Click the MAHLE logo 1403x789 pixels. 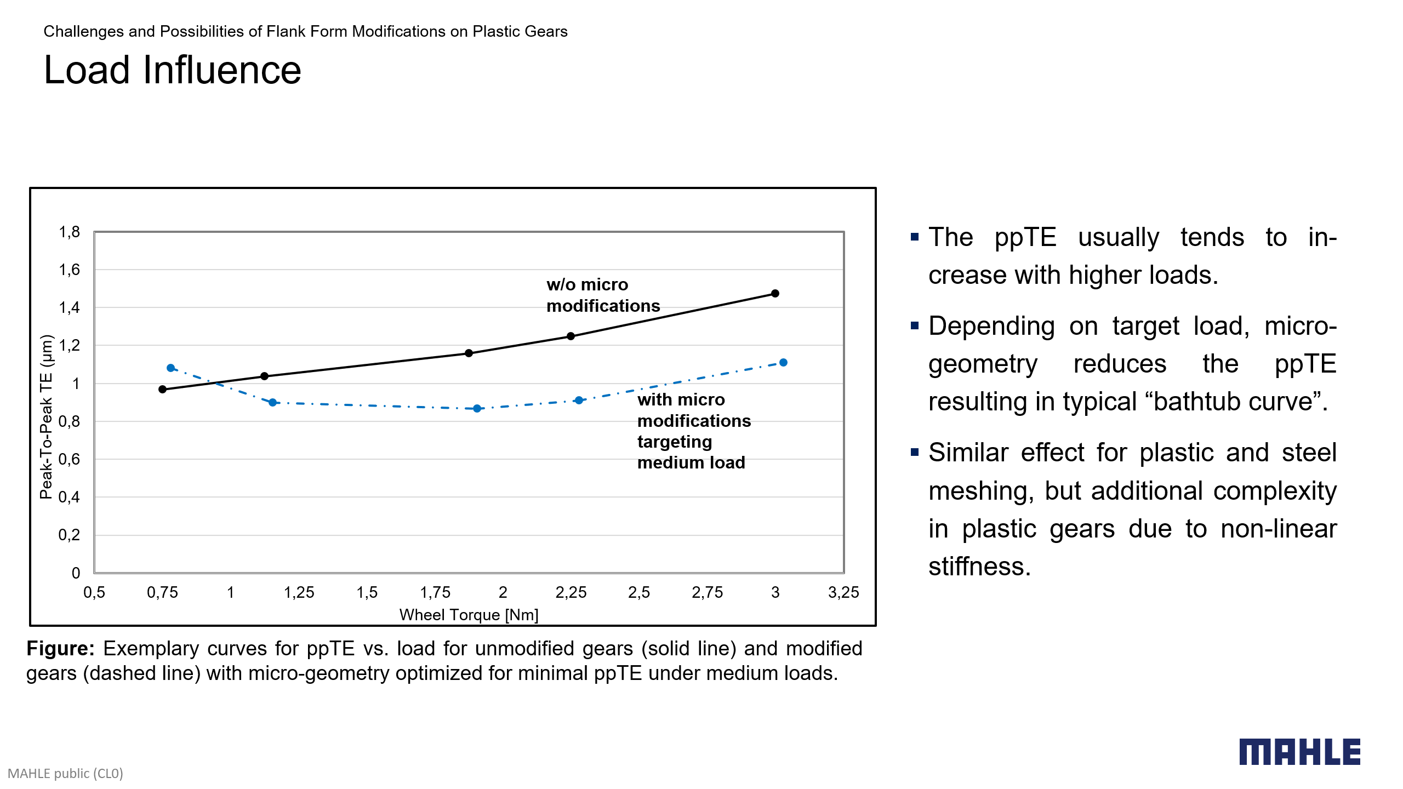click(1299, 752)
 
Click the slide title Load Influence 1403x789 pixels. click(172, 70)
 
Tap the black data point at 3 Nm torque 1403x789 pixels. click(775, 294)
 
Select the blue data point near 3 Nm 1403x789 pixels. click(783, 363)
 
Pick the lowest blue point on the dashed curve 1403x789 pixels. click(477, 409)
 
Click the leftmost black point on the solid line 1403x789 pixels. click(162, 390)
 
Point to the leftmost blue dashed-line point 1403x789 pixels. click(170, 368)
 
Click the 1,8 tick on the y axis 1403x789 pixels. click(70, 232)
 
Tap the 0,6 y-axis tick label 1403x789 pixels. click(70, 459)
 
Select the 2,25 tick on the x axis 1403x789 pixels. click(571, 592)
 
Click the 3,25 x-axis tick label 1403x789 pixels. click(843, 592)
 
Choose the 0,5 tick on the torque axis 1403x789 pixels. click(94, 592)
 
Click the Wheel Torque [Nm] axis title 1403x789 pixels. click(469, 615)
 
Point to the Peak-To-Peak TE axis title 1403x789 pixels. click(47, 416)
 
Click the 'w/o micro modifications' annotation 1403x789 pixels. click(603, 295)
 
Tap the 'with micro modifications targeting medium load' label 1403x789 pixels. click(693, 431)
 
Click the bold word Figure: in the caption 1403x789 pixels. click(60, 649)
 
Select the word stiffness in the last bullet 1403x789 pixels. click(979, 567)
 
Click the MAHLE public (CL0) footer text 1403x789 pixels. click(65, 773)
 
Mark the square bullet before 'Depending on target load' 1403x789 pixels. click(914, 326)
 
